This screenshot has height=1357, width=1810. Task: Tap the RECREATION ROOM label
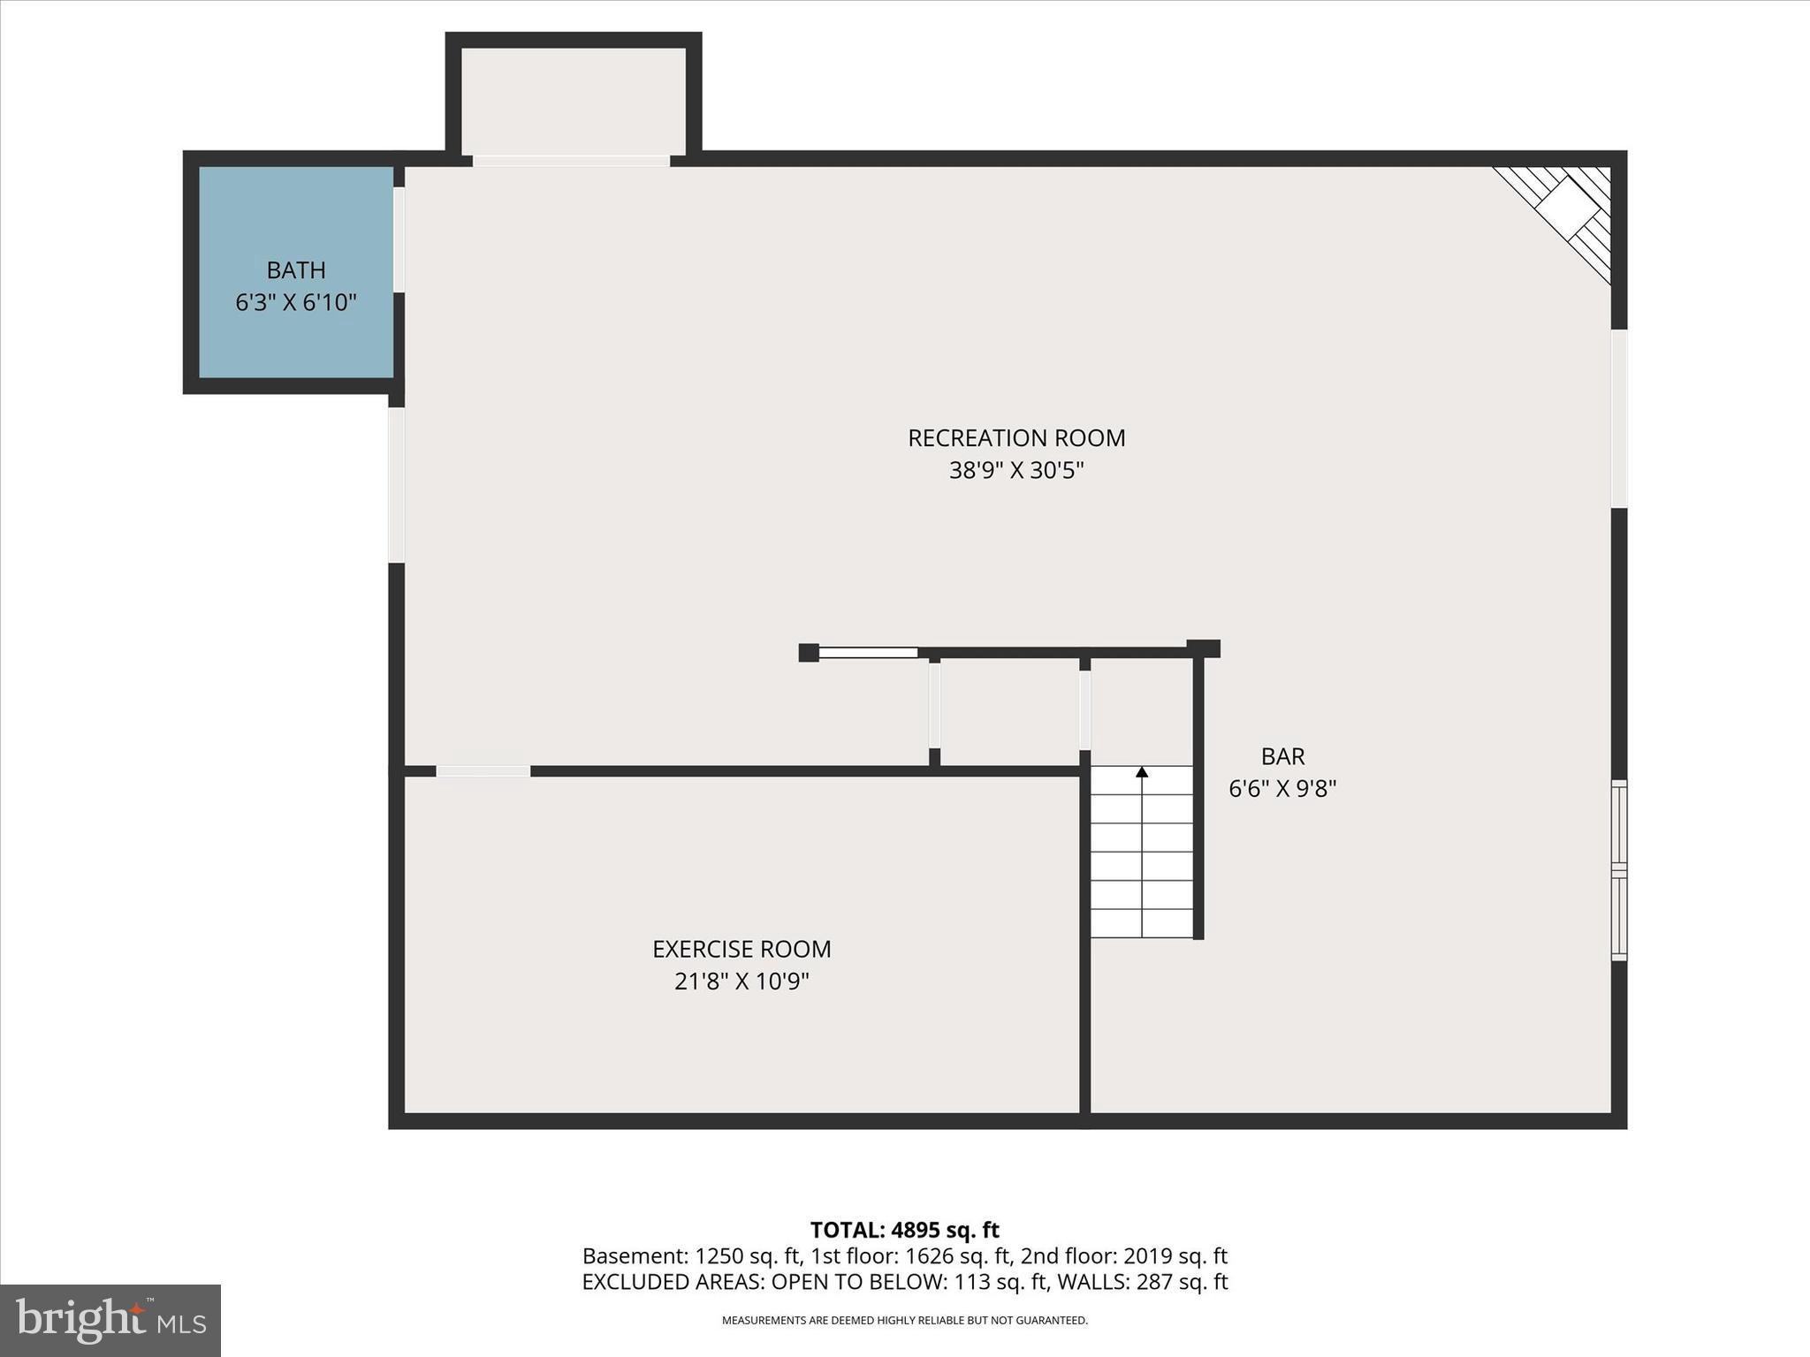[x=1016, y=437]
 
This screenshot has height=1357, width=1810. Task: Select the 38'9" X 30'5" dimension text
[x=1016, y=470]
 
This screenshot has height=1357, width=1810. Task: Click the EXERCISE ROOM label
[x=741, y=949]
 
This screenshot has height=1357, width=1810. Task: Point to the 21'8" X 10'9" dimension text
[x=741, y=982]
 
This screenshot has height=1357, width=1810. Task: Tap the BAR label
[x=1282, y=756]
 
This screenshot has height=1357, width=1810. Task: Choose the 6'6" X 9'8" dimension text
[x=1282, y=789]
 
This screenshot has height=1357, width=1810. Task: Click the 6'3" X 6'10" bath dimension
[x=296, y=303]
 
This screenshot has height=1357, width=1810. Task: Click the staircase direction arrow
[x=1142, y=773]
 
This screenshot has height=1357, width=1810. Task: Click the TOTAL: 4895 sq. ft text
[x=904, y=1230]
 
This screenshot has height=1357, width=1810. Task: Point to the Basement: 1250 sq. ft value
[x=691, y=1256]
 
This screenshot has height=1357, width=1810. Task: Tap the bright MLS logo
[x=110, y=1321]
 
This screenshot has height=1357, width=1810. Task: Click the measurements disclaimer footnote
[x=904, y=1321]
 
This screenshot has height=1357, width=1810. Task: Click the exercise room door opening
[x=483, y=771]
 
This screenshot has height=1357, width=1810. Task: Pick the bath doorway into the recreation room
[x=399, y=239]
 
